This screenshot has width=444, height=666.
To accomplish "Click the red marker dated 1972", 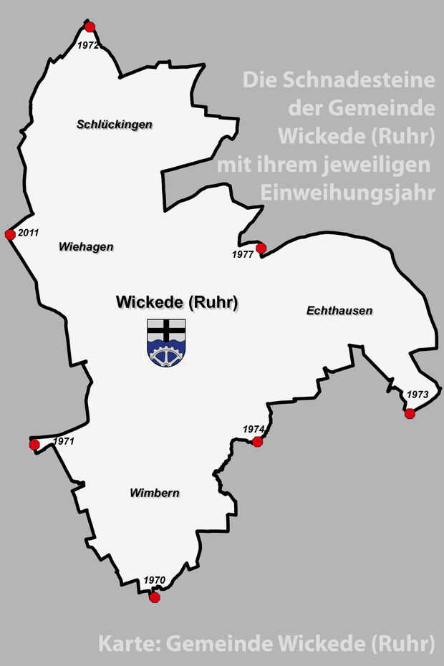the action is pyautogui.click(x=90, y=27).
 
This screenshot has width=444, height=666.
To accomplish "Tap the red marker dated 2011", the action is pyautogui.click(x=10, y=235).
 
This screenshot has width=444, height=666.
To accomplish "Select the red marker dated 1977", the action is pyautogui.click(x=261, y=248).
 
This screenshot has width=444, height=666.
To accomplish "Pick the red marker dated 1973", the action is pyautogui.click(x=410, y=413).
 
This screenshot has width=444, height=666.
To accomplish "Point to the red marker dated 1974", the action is pyautogui.click(x=258, y=441).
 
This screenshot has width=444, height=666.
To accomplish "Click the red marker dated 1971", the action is pyautogui.click(x=34, y=445).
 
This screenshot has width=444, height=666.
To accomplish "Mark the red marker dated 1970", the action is pyautogui.click(x=155, y=597).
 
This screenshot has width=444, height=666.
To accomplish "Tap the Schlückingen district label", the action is pyautogui.click(x=115, y=125).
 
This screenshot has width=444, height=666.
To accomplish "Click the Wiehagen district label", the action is pyautogui.click(x=86, y=246).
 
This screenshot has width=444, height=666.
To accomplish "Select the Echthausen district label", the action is pyautogui.click(x=339, y=310).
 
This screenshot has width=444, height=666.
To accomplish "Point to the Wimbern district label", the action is pyautogui.click(x=155, y=493).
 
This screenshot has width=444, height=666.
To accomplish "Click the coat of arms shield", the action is pyautogui.click(x=166, y=343).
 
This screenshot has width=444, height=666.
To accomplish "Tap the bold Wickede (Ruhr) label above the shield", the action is pyautogui.click(x=177, y=303).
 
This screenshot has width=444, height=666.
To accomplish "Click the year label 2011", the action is pyautogui.click(x=29, y=233).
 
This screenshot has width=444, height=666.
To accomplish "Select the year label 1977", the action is pyautogui.click(x=243, y=254).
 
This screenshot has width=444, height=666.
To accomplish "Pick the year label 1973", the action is pyautogui.click(x=417, y=395).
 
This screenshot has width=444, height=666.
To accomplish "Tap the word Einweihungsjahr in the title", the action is pyautogui.click(x=348, y=193).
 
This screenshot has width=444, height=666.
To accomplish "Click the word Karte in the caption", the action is pyautogui.click(x=127, y=644).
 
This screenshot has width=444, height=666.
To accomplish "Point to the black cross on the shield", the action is pyautogui.click(x=166, y=330).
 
